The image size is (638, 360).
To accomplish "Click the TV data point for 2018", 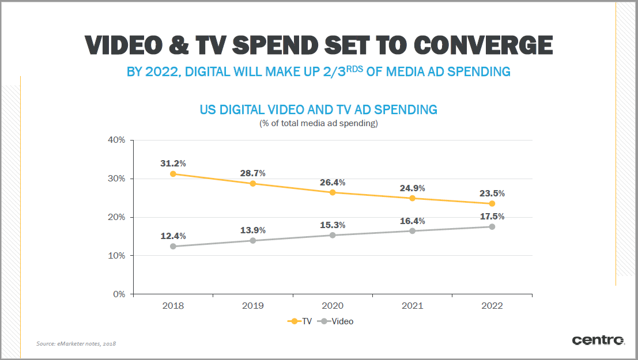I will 172,173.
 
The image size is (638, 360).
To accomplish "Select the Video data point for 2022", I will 492,226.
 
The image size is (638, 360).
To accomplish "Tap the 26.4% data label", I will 333,182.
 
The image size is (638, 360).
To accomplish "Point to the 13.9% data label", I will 252,230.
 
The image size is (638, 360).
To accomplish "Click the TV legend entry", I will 300,321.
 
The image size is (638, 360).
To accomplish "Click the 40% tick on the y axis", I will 116,140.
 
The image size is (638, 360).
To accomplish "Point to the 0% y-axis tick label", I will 119,294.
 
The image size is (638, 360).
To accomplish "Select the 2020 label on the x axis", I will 332,306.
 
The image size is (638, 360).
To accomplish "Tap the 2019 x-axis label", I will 252,306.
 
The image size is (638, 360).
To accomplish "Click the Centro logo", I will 598,340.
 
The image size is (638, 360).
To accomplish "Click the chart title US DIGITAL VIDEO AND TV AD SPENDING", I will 318,109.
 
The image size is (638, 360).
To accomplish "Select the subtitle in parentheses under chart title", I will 318,123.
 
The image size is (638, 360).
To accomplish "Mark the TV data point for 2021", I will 412,198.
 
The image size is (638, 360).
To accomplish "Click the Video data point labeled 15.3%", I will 332,235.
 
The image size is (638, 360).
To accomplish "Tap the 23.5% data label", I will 492,194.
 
